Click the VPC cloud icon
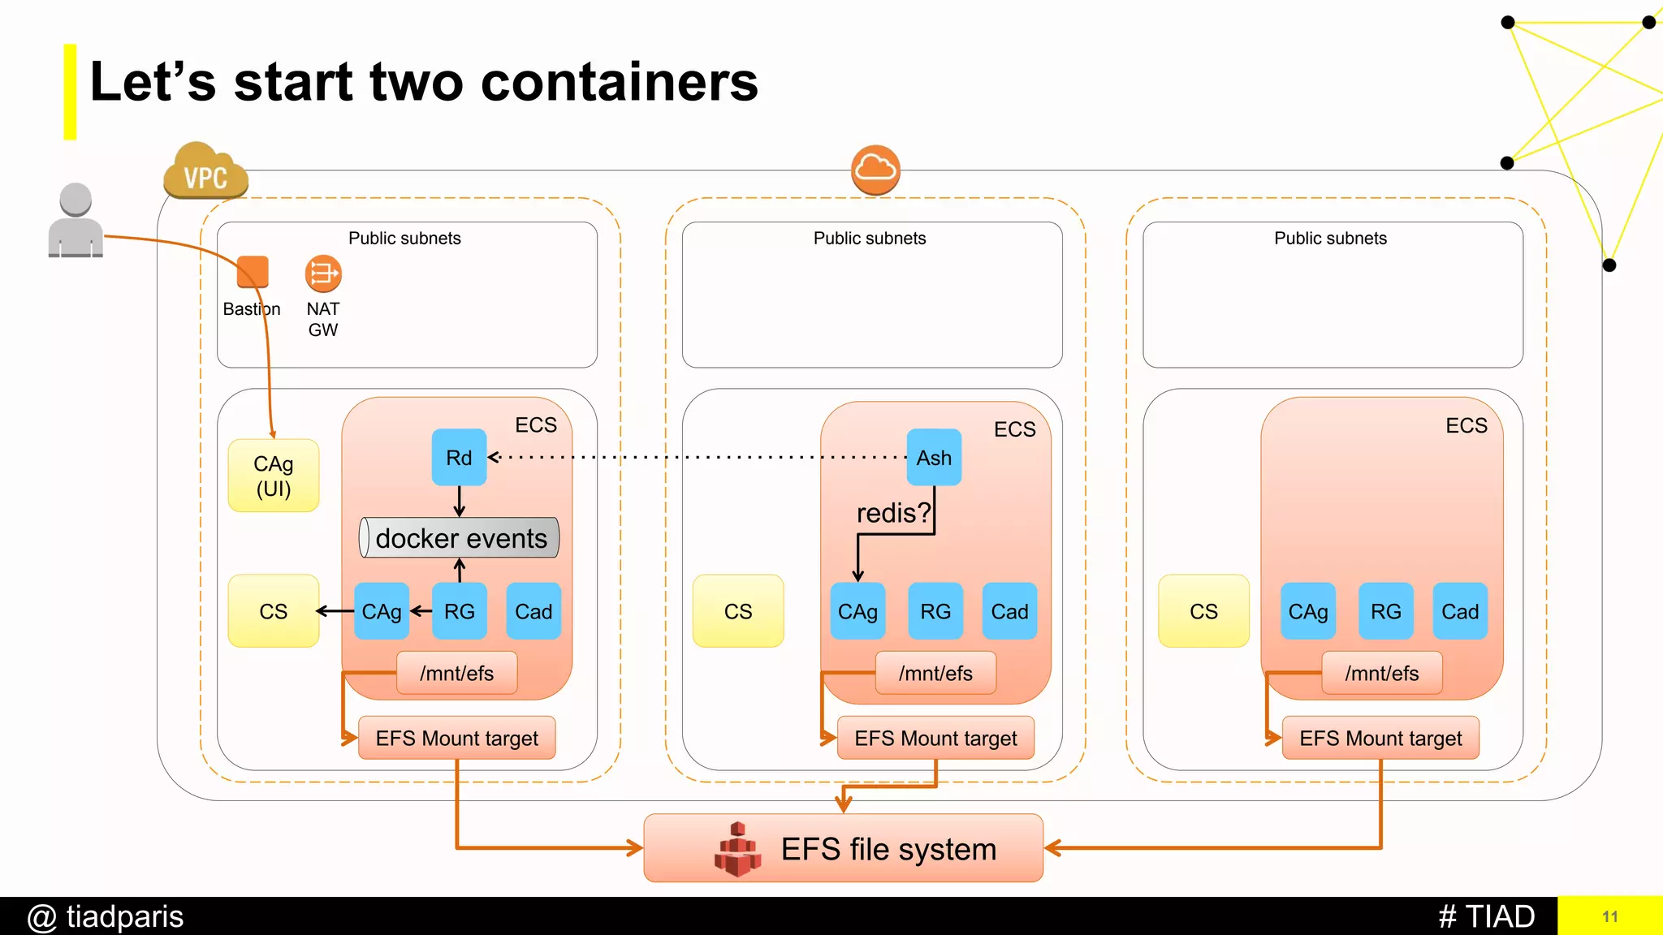click(205, 172)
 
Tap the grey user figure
click(76, 221)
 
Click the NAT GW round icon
click(323, 274)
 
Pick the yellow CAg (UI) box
click(274, 476)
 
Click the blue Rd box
click(459, 458)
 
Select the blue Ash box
click(934, 458)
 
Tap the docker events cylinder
click(460, 538)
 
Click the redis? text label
click(892, 513)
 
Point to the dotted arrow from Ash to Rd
click(698, 458)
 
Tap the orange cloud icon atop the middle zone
click(875, 170)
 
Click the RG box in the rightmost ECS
click(1385, 611)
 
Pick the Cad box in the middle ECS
click(1009, 611)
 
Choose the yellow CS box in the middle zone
click(738, 611)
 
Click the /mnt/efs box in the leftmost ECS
click(456, 673)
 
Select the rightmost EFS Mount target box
click(1380, 738)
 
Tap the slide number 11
click(1609, 916)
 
